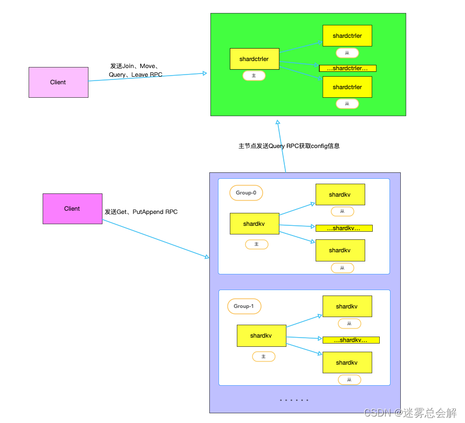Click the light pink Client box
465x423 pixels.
[x=58, y=82]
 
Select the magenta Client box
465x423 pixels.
[x=72, y=209]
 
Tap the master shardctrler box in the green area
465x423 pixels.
[x=255, y=59]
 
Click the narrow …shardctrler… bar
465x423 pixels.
[x=347, y=69]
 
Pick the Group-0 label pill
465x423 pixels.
[x=246, y=192]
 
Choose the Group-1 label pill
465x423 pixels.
[x=244, y=306]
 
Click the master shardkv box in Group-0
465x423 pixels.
[x=254, y=224]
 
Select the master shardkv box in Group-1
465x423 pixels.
[x=261, y=335]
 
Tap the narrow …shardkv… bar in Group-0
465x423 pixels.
[x=344, y=228]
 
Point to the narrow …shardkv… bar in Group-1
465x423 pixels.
[x=351, y=340]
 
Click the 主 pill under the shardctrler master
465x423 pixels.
[x=254, y=76]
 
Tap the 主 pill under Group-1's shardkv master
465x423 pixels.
[x=263, y=357]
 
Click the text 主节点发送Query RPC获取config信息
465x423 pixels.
[x=289, y=146]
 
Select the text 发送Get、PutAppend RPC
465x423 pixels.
[x=141, y=212]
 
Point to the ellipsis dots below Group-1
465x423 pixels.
[x=294, y=400]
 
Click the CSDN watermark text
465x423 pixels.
[x=410, y=413]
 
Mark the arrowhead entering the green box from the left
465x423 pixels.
[x=205, y=73]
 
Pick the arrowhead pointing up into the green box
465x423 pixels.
[x=278, y=123]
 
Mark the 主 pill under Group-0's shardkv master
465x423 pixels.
[x=257, y=244]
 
